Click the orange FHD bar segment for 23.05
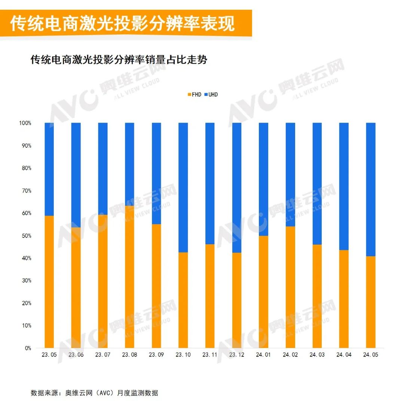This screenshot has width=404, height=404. point(49,282)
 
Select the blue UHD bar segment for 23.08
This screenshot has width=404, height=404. point(129,164)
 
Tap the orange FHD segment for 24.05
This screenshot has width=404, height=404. point(370,302)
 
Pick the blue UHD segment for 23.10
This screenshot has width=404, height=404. point(183,187)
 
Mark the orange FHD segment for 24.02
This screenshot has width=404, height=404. point(290,287)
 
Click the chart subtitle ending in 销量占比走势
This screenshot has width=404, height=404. point(119,60)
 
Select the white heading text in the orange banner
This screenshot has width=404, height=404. point(122,24)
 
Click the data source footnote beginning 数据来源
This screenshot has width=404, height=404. point(94,393)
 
